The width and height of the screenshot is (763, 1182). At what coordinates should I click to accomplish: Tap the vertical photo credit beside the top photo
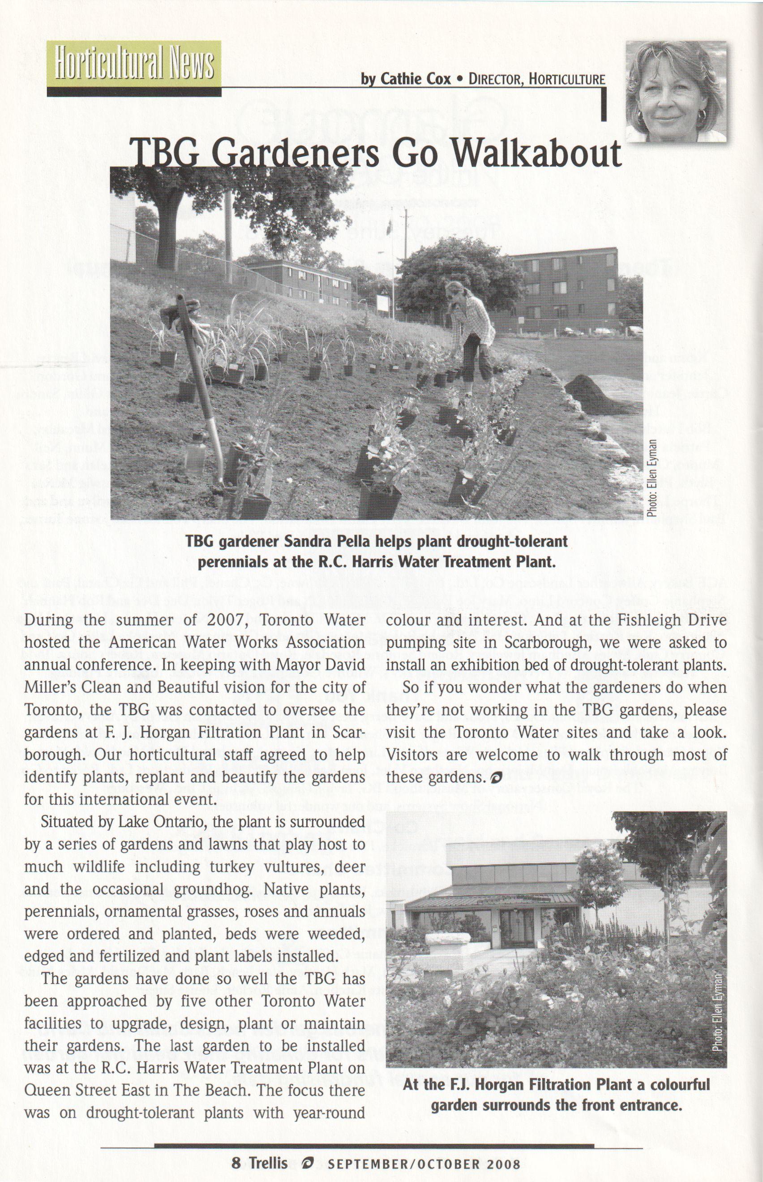click(653, 478)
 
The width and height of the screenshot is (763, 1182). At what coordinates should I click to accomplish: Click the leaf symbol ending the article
click(494, 778)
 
